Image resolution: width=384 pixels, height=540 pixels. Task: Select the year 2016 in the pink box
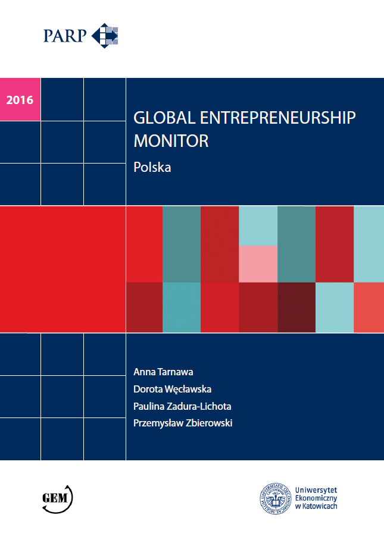tap(20, 99)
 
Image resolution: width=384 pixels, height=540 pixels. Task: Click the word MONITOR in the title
tap(171, 142)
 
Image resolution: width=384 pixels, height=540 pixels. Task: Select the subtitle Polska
tap(152, 167)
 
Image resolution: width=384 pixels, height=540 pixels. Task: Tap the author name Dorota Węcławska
tap(173, 389)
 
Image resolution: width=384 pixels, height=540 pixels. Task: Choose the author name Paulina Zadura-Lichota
tap(183, 406)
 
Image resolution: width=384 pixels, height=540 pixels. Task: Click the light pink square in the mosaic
tap(258, 263)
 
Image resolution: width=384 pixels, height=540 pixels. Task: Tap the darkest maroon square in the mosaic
tap(296, 307)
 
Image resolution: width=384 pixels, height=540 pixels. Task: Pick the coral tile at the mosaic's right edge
tap(369, 307)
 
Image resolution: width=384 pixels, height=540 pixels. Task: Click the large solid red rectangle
tap(63, 269)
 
